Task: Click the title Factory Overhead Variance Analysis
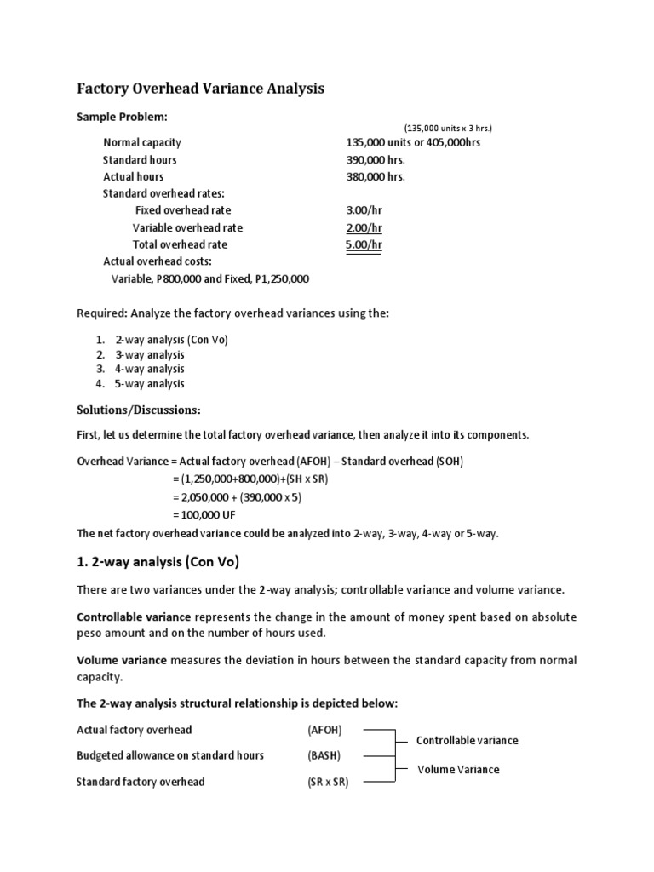201,89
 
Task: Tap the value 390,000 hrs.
376,159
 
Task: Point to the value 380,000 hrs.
376,176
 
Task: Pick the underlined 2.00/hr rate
364,227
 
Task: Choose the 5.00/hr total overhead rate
364,244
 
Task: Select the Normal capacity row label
141,142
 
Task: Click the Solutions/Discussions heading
139,410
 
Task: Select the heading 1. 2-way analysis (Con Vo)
158,562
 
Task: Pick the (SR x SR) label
328,782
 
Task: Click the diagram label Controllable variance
467,741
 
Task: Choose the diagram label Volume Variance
458,769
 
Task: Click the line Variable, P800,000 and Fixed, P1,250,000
210,278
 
